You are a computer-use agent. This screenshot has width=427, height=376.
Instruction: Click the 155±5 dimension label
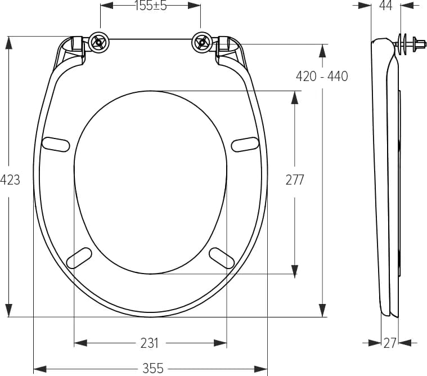[151, 6]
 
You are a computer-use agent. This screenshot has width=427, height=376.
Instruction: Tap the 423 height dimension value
[10, 180]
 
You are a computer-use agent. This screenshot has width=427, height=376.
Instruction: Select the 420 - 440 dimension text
[322, 77]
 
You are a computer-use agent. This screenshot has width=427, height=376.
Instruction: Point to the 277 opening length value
[295, 180]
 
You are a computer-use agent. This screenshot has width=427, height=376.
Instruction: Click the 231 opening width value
[150, 343]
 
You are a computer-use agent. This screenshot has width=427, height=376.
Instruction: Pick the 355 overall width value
[153, 369]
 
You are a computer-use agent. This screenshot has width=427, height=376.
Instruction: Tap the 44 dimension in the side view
[385, 6]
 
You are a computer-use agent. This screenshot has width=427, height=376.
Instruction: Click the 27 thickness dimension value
[390, 343]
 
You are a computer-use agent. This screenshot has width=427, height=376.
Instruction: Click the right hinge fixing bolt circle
[202, 42]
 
